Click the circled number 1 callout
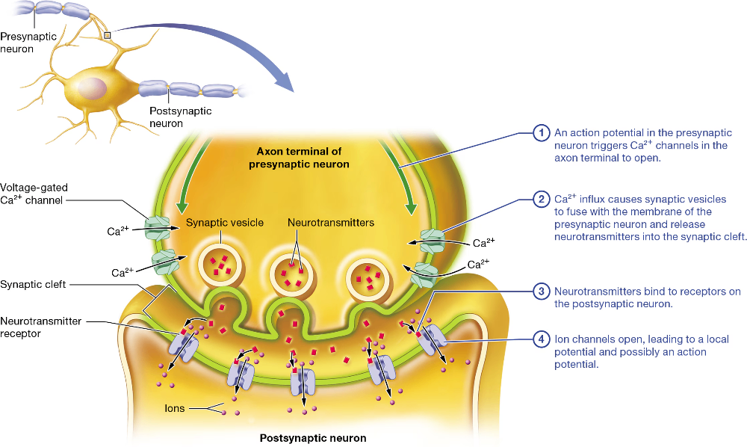point(541,134)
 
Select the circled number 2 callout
point(541,200)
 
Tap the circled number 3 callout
point(541,292)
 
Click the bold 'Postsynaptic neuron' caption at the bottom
point(313,438)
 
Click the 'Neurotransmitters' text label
point(331,223)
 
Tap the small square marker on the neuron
point(108,34)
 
